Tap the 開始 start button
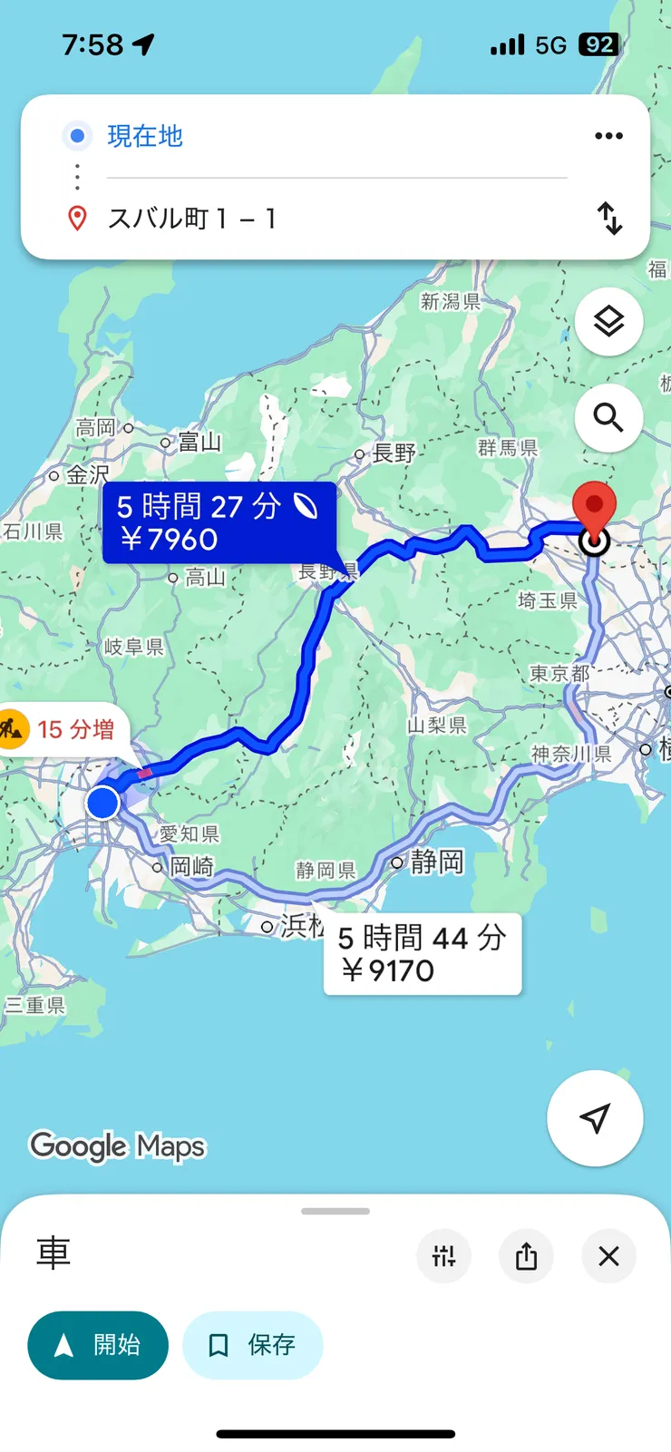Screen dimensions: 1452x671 [98, 1345]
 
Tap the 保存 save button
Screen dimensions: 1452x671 [252, 1345]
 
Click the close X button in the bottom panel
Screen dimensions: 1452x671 [608, 1256]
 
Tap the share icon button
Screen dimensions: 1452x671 [526, 1256]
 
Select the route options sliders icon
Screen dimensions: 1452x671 [443, 1256]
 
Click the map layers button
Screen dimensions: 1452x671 [608, 321]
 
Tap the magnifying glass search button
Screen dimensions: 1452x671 [608, 417]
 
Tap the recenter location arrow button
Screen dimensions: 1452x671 [595, 1118]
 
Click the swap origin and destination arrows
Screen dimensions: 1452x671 [609, 219]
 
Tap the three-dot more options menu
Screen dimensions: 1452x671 [608, 136]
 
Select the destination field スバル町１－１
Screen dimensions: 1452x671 [192, 219]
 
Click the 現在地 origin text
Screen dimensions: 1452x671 [145, 136]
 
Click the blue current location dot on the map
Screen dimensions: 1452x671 [103, 803]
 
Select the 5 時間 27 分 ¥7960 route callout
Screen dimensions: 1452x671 [219, 522]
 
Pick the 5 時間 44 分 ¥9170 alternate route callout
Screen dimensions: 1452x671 [422, 954]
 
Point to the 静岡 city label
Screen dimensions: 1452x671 [436, 862]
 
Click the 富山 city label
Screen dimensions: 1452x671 [199, 442]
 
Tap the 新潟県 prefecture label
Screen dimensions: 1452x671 [451, 301]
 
